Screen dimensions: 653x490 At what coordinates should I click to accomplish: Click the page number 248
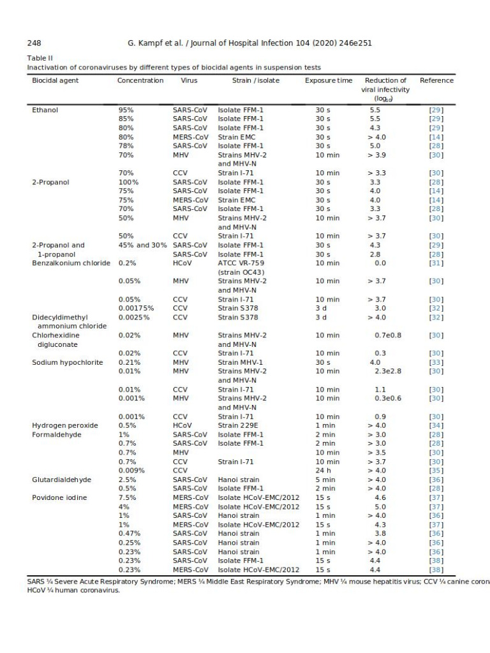[x=34, y=43]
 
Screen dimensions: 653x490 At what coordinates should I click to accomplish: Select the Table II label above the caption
[x=39, y=58]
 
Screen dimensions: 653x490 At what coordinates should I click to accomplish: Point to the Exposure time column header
[x=328, y=80]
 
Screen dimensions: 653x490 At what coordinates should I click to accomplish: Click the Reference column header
[x=436, y=80]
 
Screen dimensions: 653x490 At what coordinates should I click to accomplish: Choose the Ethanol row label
[x=45, y=110]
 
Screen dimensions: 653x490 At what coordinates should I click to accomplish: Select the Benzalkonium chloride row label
[x=71, y=263]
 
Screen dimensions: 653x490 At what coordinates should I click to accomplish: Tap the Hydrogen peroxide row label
[x=64, y=425]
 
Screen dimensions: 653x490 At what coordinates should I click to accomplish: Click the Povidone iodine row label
[x=61, y=497]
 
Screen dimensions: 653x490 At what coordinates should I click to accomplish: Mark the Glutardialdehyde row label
[x=62, y=480]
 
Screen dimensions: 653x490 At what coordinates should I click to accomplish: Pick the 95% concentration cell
[x=126, y=110]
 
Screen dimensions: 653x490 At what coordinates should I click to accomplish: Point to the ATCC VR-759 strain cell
[x=242, y=263]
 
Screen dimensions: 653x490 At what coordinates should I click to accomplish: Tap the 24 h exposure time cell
[x=323, y=471]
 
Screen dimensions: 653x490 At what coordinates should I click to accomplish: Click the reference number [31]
[x=436, y=263]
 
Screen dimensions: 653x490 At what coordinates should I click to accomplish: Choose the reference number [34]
[x=436, y=425]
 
